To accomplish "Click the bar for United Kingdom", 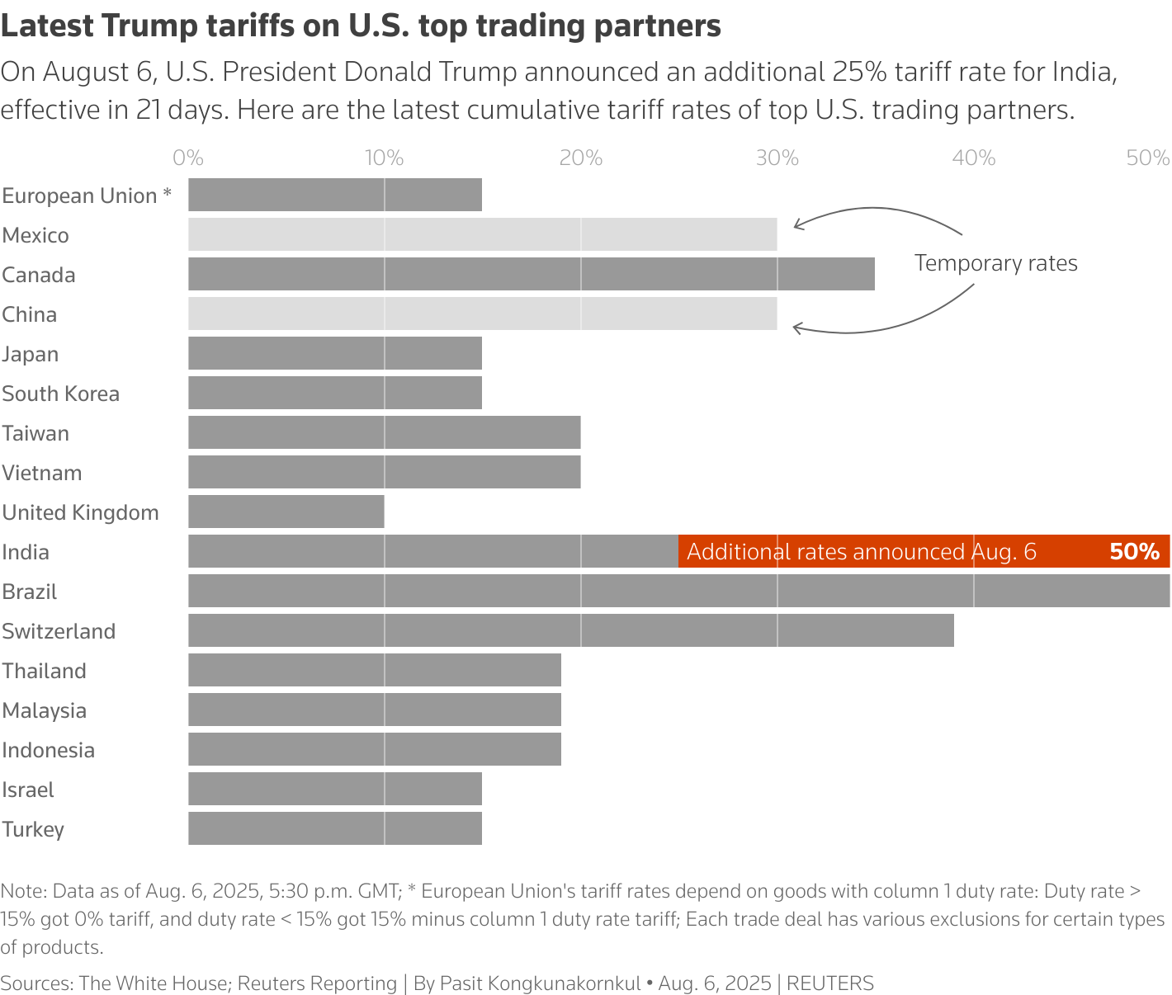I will click(x=286, y=512).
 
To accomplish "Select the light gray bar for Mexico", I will click(x=483, y=234).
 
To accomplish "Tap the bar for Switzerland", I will click(x=571, y=630).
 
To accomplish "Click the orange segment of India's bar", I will click(x=924, y=551).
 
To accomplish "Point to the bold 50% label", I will click(x=1134, y=551).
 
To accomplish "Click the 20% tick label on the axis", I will click(x=581, y=158).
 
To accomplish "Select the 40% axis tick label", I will click(x=974, y=158).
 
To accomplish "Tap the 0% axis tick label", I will click(x=188, y=158).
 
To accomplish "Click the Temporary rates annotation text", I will click(x=995, y=263).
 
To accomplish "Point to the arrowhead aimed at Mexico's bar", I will click(x=796, y=224).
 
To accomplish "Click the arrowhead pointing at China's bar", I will click(x=796, y=328).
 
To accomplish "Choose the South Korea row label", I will click(x=61, y=394).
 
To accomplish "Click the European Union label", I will click(x=87, y=196).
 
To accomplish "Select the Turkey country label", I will click(x=33, y=829).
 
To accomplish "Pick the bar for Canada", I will click(x=532, y=274).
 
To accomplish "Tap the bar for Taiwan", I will click(x=385, y=432).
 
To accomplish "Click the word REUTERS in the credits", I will click(x=829, y=983).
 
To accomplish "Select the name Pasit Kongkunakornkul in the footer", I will click(x=540, y=983).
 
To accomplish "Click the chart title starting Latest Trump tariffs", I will click(x=361, y=26).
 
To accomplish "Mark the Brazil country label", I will click(x=30, y=592).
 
